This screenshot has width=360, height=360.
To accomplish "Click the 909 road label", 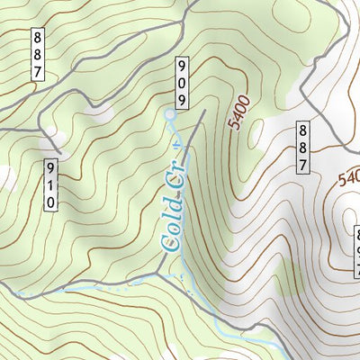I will pyautogui.click(x=182, y=82).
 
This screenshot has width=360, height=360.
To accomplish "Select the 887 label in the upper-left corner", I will pyautogui.click(x=38, y=54).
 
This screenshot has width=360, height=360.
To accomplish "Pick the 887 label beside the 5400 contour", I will pyautogui.click(x=304, y=147).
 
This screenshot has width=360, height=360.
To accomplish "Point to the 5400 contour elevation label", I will pyautogui.click(x=238, y=113).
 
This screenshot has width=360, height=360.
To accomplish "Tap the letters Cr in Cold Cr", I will pyautogui.click(x=177, y=179).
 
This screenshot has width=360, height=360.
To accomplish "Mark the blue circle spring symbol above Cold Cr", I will pyautogui.click(x=170, y=114).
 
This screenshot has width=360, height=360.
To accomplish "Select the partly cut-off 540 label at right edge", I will pyautogui.click(x=349, y=179).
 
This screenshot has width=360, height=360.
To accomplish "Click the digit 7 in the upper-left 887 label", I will pyautogui.click(x=38, y=71).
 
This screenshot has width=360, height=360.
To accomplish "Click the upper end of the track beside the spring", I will pyautogui.click(x=204, y=112).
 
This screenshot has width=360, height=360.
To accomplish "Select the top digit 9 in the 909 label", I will pyautogui.click(x=182, y=66).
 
